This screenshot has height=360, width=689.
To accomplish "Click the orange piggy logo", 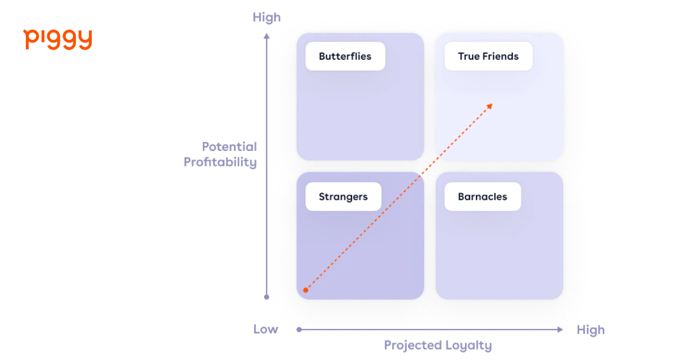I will coord(57,39).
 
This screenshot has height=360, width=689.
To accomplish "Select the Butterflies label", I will coord(345,56).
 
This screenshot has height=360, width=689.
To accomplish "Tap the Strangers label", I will coord(343,196).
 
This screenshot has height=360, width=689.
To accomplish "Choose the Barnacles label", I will coord(482,196).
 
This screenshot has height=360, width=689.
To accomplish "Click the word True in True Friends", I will coord(469,56).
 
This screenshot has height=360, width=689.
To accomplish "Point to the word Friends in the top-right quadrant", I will coord(501,56).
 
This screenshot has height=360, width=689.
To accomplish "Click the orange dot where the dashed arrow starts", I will coord(305,290).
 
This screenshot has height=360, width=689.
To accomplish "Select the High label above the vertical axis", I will coord(268,17).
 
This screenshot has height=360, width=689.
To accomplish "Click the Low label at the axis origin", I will coord(266,330).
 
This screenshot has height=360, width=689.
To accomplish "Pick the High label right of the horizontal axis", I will coord(590,330).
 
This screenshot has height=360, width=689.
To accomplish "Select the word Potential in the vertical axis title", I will coord(229,145).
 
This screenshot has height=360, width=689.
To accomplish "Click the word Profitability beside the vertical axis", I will coord(220,162).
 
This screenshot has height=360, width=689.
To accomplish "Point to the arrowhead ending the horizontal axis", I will coord(562,330).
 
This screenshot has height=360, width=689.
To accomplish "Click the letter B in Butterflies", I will coord(322,56).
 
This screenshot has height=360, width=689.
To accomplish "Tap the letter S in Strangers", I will coord(322,196).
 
